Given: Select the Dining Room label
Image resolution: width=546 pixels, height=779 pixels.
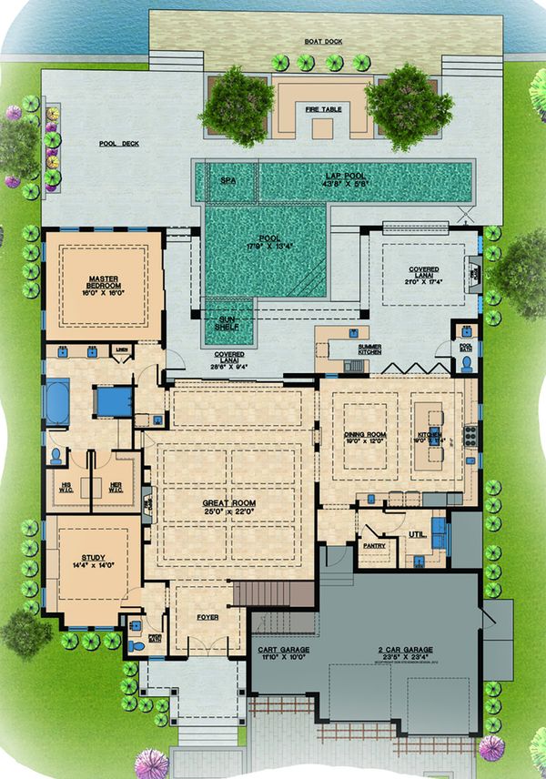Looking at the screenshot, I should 366,439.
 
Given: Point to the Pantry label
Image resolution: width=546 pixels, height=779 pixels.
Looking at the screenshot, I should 374,546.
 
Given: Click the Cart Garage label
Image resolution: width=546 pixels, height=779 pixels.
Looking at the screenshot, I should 281,652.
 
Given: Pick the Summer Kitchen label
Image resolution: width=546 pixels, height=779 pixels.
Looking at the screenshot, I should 369,349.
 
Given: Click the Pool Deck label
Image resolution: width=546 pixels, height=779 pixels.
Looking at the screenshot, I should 118,143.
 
